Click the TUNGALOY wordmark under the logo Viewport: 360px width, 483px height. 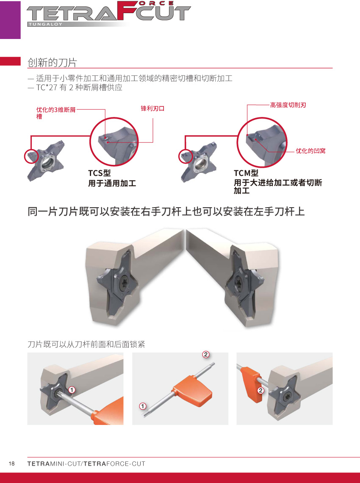[x=45, y=24]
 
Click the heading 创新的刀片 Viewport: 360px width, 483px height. [x=52, y=63]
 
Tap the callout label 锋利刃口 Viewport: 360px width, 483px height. [x=152, y=108]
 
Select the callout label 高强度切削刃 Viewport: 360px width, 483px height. [x=288, y=105]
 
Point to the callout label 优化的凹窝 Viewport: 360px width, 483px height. [x=310, y=151]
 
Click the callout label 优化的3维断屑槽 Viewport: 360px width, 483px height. [x=56, y=113]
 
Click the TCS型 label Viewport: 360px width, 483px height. [x=99, y=173]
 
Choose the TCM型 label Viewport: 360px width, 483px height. [x=246, y=173]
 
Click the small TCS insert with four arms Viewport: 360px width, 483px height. [x=46, y=161]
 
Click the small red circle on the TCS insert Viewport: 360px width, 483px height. [x=31, y=156]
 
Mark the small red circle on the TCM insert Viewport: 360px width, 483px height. [x=186, y=156]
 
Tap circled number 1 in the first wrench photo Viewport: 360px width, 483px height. [x=72, y=390]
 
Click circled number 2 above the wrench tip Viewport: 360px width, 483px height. [x=206, y=354]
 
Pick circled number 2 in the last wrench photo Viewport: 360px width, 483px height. [x=260, y=391]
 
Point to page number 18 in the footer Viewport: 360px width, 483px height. [x=12, y=464]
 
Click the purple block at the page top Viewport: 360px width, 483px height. [x=10, y=20]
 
